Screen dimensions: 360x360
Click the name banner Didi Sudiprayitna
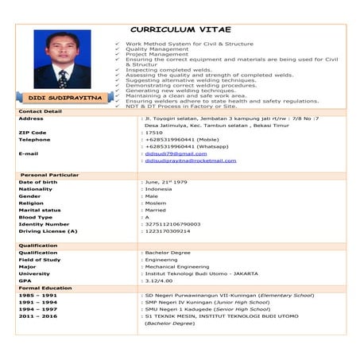[x=61, y=97]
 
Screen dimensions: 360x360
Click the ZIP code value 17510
[x=154, y=132]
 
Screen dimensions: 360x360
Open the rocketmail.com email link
[x=191, y=161]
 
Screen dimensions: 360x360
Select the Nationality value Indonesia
[x=159, y=189]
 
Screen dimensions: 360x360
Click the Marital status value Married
[x=156, y=210]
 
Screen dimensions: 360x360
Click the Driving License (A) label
[x=48, y=231]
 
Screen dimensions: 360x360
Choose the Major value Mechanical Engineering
[x=176, y=266]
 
